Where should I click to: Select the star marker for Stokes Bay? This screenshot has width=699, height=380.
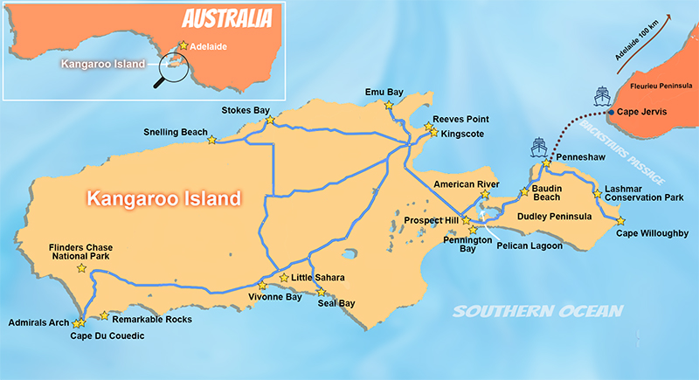point(269,120)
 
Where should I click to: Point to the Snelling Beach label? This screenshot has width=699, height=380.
point(175,133)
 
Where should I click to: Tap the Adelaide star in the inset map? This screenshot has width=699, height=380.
point(183,45)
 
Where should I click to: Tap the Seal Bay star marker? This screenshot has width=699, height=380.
point(322,292)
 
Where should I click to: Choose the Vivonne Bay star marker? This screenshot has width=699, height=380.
point(261,286)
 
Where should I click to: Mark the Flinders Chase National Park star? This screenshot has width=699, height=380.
point(82,269)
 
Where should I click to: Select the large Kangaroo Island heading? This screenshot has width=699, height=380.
point(163,199)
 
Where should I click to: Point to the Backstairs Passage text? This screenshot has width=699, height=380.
point(620,155)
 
